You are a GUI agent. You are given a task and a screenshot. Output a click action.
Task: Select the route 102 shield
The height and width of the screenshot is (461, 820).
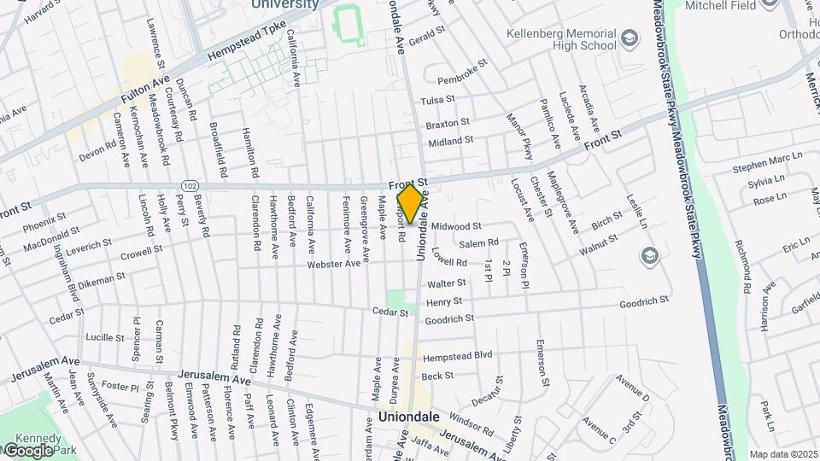[x=190, y=185]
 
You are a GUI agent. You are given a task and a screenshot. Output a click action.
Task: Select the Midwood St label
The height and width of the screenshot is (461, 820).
[x=457, y=226]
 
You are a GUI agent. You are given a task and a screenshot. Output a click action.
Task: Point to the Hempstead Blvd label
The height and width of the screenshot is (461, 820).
[x=458, y=355]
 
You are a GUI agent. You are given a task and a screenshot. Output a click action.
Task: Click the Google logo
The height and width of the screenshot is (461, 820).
[x=27, y=451]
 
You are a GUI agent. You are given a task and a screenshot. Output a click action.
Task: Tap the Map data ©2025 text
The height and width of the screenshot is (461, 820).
[x=783, y=454]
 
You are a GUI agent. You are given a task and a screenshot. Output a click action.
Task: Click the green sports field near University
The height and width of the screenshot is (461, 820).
[x=348, y=22]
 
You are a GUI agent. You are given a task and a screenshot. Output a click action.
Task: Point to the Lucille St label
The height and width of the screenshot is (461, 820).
[x=105, y=338]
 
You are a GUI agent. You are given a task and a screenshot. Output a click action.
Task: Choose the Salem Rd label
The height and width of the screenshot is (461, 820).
[x=478, y=244]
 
